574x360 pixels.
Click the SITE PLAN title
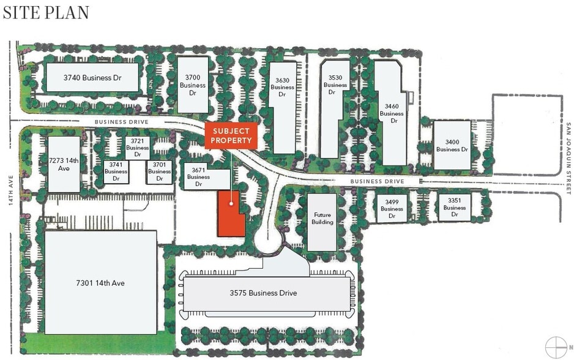(46, 12)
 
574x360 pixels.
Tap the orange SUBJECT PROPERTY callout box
(231, 136)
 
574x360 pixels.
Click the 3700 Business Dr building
(193, 85)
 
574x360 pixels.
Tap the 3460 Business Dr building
(391, 114)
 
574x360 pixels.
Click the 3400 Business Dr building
(452, 145)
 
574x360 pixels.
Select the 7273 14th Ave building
(64, 164)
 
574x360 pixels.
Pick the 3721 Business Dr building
(138, 144)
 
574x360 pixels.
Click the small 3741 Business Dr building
(116, 172)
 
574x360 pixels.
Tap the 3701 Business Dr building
(159, 172)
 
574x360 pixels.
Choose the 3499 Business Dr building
(392, 208)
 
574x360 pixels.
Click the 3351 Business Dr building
(455, 208)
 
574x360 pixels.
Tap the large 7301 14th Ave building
(100, 282)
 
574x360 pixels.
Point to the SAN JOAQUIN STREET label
(567, 159)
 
